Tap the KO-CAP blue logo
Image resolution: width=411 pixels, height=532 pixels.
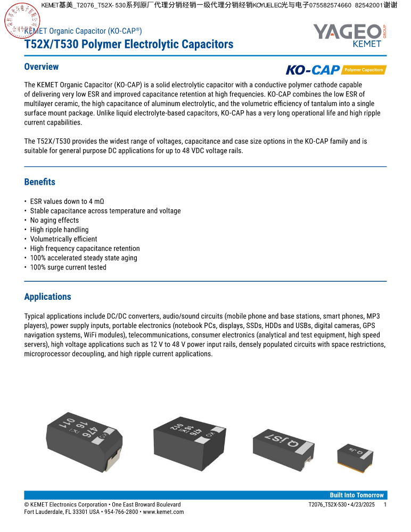pyautogui.click(x=313, y=70)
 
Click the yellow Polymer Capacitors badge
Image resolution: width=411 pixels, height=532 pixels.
pyautogui.click(x=364, y=70)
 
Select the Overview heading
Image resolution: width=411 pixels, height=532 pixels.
pyautogui.click(x=42, y=67)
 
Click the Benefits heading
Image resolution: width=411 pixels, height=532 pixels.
pyautogui.click(x=40, y=182)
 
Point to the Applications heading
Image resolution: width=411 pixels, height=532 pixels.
pyautogui.click(x=47, y=297)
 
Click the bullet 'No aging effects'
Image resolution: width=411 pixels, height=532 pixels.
pyautogui.click(x=54, y=220)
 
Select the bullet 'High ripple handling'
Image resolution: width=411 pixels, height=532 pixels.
pyautogui.click(x=59, y=230)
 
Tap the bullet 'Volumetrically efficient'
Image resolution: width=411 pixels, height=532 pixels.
pyautogui.click(x=63, y=239)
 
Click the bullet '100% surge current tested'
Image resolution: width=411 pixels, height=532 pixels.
pyautogui.click(x=68, y=267)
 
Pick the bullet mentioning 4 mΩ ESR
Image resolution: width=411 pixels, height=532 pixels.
pyautogui.click(x=67, y=201)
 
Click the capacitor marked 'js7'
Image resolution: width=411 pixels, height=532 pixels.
pyautogui.click(x=282, y=441)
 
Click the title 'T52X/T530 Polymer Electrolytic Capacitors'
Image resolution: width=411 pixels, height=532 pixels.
pyautogui.click(x=129, y=44)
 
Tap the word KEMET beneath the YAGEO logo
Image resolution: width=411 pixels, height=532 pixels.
pyautogui.click(x=367, y=44)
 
